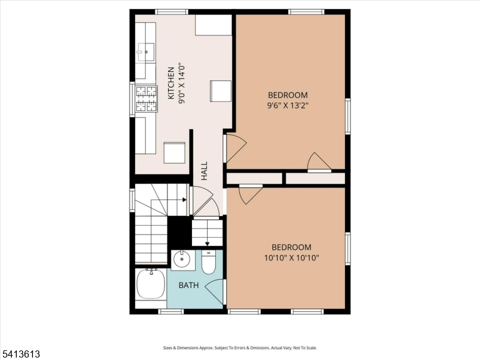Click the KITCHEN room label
pyautogui.click(x=171, y=83)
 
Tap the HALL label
pyautogui.click(x=204, y=171)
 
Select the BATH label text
pyautogui.click(x=188, y=286)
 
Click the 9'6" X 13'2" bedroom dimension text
pyautogui.click(x=288, y=106)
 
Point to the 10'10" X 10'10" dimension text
pyautogui.click(x=292, y=258)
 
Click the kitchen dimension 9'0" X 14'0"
pyautogui.click(x=182, y=85)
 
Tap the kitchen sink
pyautogui.click(x=146, y=52)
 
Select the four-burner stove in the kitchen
pyautogui.click(x=146, y=98)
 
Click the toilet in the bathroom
pyautogui.click(x=209, y=262)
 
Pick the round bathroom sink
pyautogui.click(x=182, y=260)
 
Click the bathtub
pyautogui.click(x=151, y=284)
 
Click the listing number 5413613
pyautogui.click(x=20, y=354)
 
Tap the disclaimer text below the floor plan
pyautogui.click(x=239, y=348)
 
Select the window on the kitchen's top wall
pyautogui.click(x=172, y=12)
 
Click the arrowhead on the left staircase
pyautogui.click(x=185, y=200)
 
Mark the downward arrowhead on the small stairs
pyautogui.click(x=207, y=244)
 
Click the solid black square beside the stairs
pyautogui.click(x=179, y=232)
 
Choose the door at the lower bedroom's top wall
pyautogui.click(x=251, y=194)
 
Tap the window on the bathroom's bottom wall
pyautogui.click(x=171, y=311)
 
